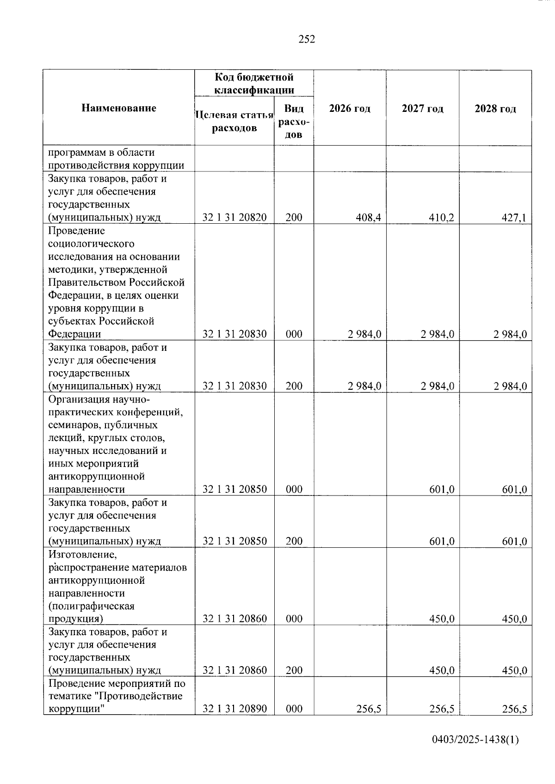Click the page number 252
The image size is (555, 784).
click(x=307, y=40)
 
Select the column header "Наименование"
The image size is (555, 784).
click(x=119, y=108)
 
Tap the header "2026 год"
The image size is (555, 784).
click(x=350, y=109)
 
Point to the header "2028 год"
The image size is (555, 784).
click(x=495, y=109)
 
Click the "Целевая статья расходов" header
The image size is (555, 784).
click(x=234, y=121)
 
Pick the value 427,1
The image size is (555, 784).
click(x=514, y=217)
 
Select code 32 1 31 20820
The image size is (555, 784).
click(x=234, y=217)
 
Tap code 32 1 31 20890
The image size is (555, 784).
click(x=234, y=709)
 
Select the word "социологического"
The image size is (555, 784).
click(x=91, y=244)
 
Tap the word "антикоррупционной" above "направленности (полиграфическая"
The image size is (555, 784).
click(x=96, y=580)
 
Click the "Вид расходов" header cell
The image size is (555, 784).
click(x=294, y=121)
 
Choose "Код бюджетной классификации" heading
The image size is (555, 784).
click(x=254, y=83)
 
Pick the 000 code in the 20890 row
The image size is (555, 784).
click(x=294, y=709)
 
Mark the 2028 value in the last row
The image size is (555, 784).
click(x=514, y=709)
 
